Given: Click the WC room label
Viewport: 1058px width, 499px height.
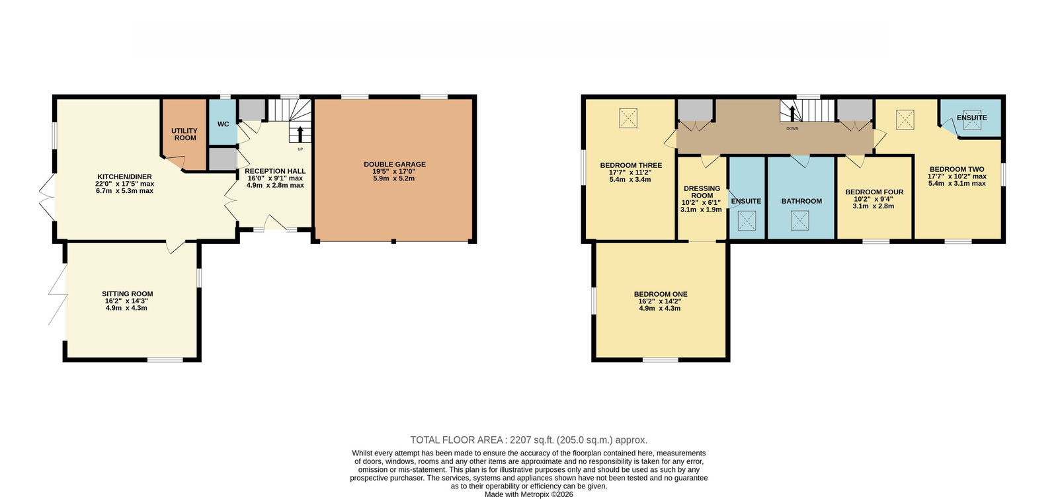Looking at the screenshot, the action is coord(223,124).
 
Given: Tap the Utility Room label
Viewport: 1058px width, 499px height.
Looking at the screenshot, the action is coord(184,134).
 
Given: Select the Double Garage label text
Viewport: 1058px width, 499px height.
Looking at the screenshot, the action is coord(394,165).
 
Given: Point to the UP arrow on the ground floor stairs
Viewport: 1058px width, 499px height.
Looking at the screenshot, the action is coord(300,134).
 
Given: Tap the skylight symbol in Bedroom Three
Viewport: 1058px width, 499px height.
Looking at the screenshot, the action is coord(629,118).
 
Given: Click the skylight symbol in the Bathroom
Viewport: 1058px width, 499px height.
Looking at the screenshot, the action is coord(799,221).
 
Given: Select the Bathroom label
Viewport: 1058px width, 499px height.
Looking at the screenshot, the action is coord(801,201).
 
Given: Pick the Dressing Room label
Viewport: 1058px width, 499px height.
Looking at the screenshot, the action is coord(702,192).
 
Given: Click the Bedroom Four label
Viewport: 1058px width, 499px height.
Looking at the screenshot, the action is coord(874,192).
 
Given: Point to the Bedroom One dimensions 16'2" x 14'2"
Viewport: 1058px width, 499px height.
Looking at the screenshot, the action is coord(660,301).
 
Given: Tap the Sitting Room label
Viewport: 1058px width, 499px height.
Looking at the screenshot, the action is coord(128,293).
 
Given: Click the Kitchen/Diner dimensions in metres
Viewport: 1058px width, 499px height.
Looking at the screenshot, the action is coord(125,191).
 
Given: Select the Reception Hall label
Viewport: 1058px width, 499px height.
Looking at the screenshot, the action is coord(275,171).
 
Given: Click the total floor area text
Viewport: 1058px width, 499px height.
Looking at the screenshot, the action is coord(528,440).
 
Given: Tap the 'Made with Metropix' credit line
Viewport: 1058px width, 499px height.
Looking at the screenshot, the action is coord(528,494).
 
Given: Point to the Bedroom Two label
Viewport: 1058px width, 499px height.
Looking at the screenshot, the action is coord(957,169).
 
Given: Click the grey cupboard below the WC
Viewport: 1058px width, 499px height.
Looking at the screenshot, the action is coord(223,159).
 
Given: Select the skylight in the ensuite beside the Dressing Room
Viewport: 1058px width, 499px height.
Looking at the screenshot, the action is coord(747,221).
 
